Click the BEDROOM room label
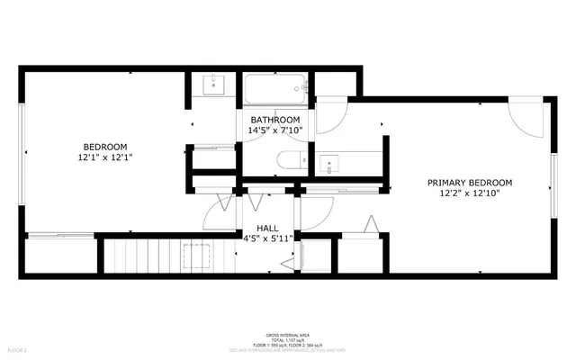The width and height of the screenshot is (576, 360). click(105, 147)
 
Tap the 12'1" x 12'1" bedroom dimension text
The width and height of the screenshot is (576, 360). click(105, 158)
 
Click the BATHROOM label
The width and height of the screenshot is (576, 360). click(274, 120)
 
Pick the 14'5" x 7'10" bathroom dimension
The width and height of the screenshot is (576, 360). click(274, 130)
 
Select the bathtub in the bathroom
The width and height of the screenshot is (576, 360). click(276, 89)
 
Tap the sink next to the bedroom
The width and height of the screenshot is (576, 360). click(214, 85)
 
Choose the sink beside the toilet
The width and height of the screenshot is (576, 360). click(329, 166)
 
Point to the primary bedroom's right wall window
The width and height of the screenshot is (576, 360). click(553, 184)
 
